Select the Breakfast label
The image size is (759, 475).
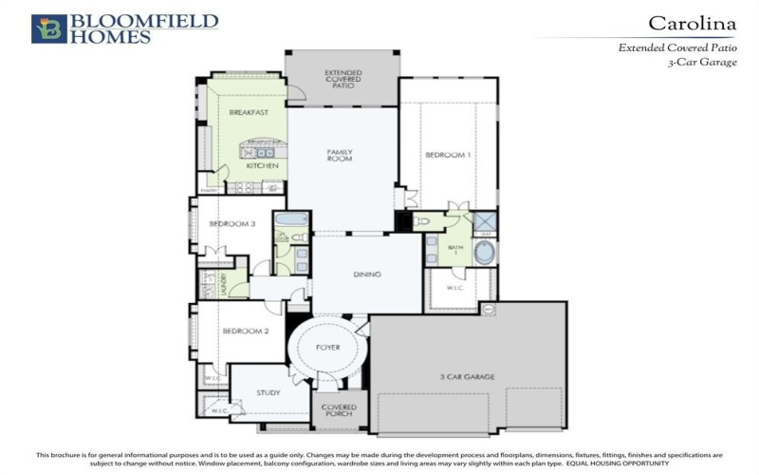249,112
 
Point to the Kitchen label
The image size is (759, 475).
262,166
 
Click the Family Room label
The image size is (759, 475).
340,155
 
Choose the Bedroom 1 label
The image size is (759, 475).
447,155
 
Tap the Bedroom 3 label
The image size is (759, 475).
231,224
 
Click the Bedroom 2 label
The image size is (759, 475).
247,332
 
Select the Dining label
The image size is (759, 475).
366,275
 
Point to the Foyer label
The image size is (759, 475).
327,348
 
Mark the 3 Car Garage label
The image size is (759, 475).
467,378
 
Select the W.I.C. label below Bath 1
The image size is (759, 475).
458,289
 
